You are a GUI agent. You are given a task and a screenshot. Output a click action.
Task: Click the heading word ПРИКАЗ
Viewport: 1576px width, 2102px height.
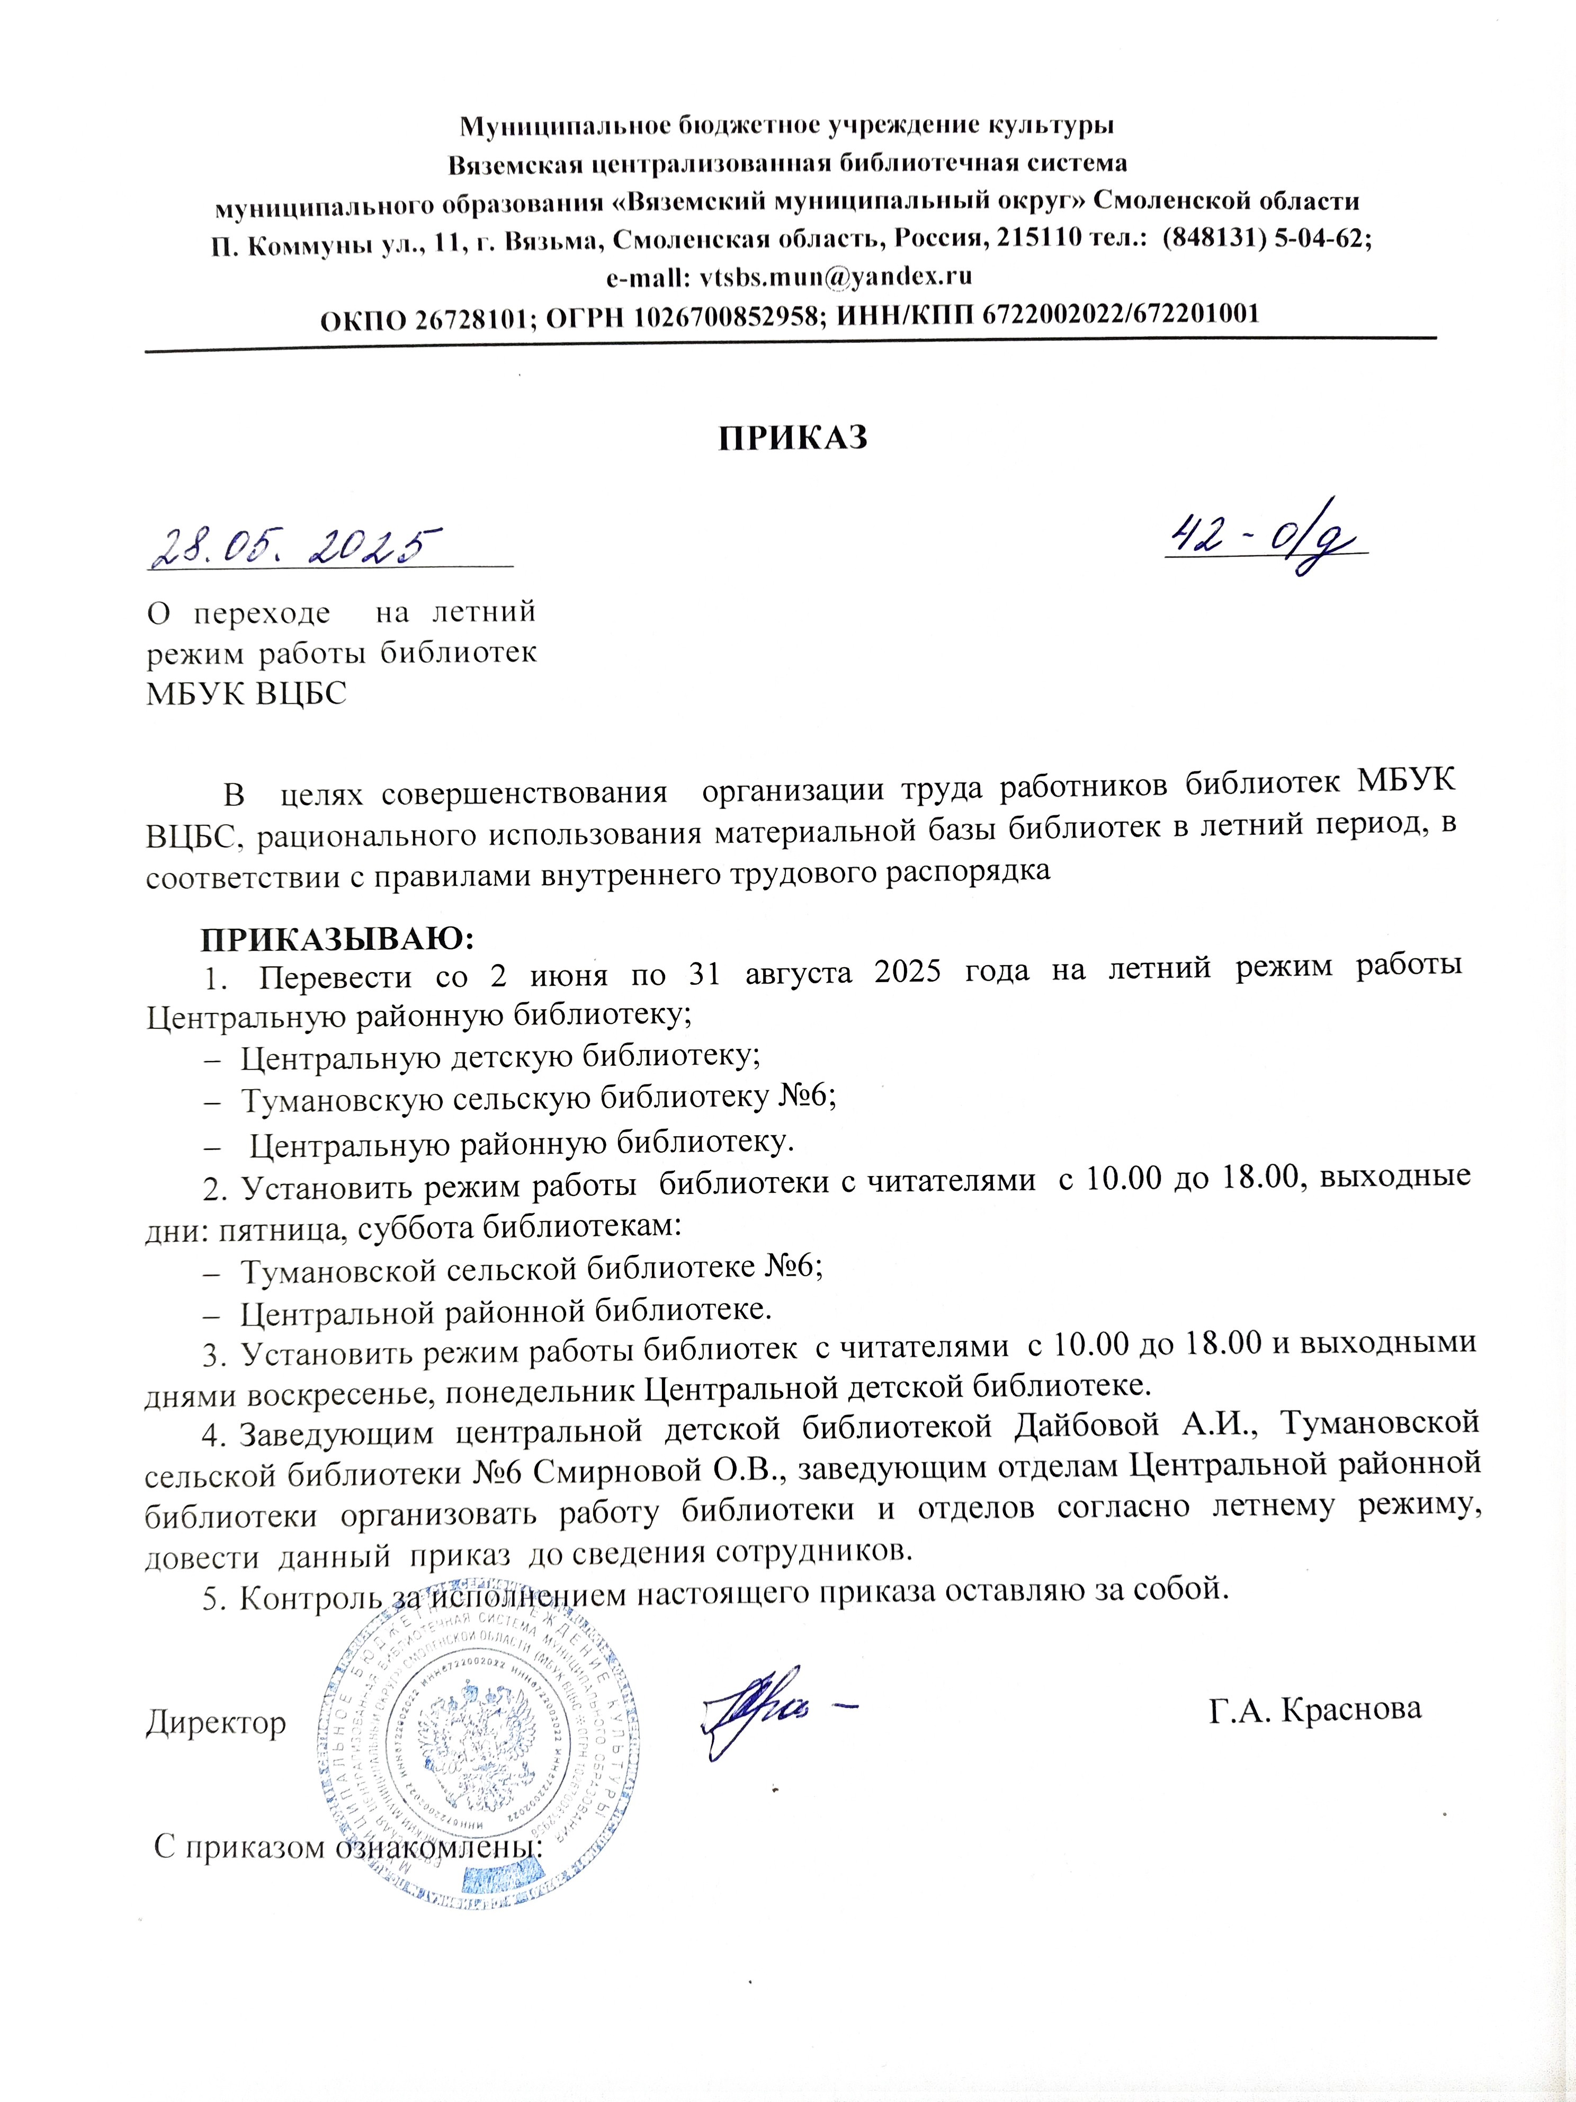[792, 438]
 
